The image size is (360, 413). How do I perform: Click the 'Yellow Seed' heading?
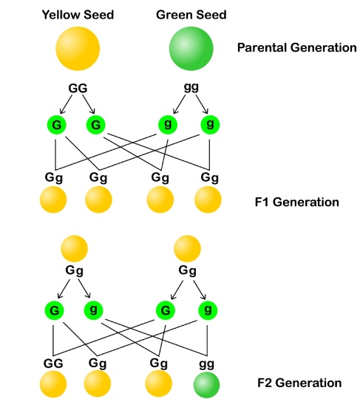click(x=78, y=14)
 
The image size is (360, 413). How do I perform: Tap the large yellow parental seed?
click(x=78, y=49)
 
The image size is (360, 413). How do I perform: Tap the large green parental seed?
click(x=191, y=49)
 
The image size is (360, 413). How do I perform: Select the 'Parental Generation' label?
click(x=296, y=47)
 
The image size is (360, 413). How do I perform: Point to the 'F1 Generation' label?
click(x=295, y=202)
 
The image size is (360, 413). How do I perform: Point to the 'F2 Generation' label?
click(x=299, y=383)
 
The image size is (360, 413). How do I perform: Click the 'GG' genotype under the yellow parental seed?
click(x=78, y=87)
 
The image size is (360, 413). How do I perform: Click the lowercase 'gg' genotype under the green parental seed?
click(x=191, y=87)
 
